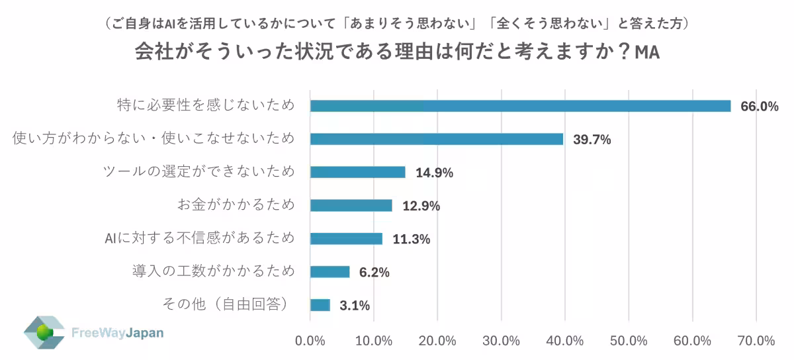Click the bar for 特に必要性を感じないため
pyautogui.click(x=520, y=106)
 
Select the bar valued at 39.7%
pyautogui.click(x=437, y=139)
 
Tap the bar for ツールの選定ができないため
pyautogui.click(x=357, y=172)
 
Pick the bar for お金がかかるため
pyautogui.click(x=351, y=205)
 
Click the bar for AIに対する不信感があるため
pyautogui.click(x=346, y=238)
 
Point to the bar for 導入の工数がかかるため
pyautogui.click(x=330, y=271)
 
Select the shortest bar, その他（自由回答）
pyautogui.click(x=320, y=305)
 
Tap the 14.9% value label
pyautogui.click(x=434, y=173)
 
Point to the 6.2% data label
pyautogui.click(x=375, y=272)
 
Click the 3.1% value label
pyautogui.click(x=355, y=306)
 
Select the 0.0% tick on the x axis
pyautogui.click(x=310, y=341)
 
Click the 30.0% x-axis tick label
pyautogui.click(x=501, y=341)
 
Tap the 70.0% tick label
pyautogui.click(x=756, y=341)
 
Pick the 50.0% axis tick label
pyautogui.click(x=629, y=341)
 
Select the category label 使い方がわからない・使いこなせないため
pyautogui.click(x=154, y=139)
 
